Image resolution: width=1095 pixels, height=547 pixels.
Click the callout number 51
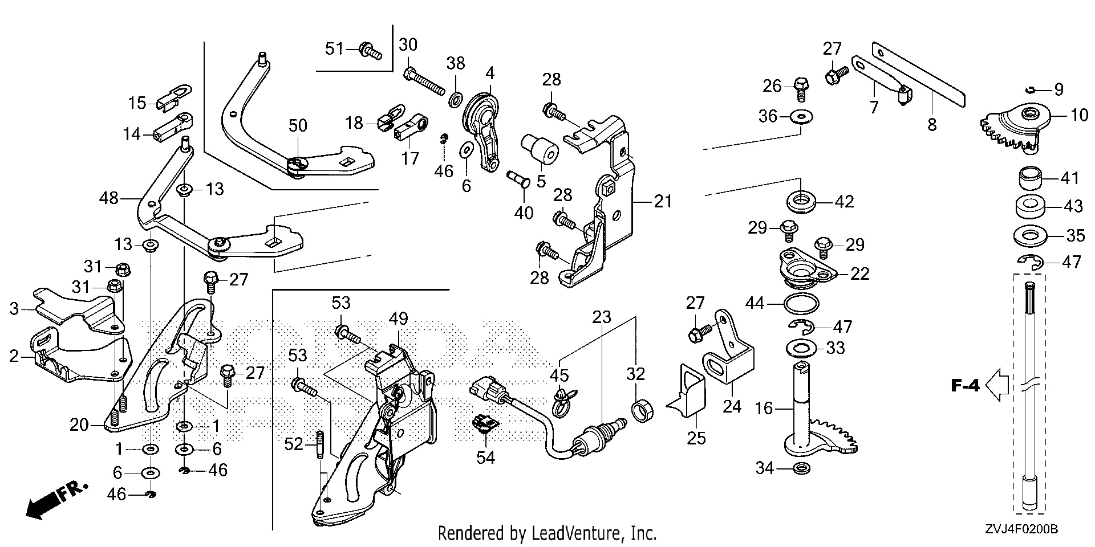[x=335, y=49]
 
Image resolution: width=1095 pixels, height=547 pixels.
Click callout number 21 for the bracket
[x=663, y=201]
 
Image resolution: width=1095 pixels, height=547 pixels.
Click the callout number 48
[x=108, y=198]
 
